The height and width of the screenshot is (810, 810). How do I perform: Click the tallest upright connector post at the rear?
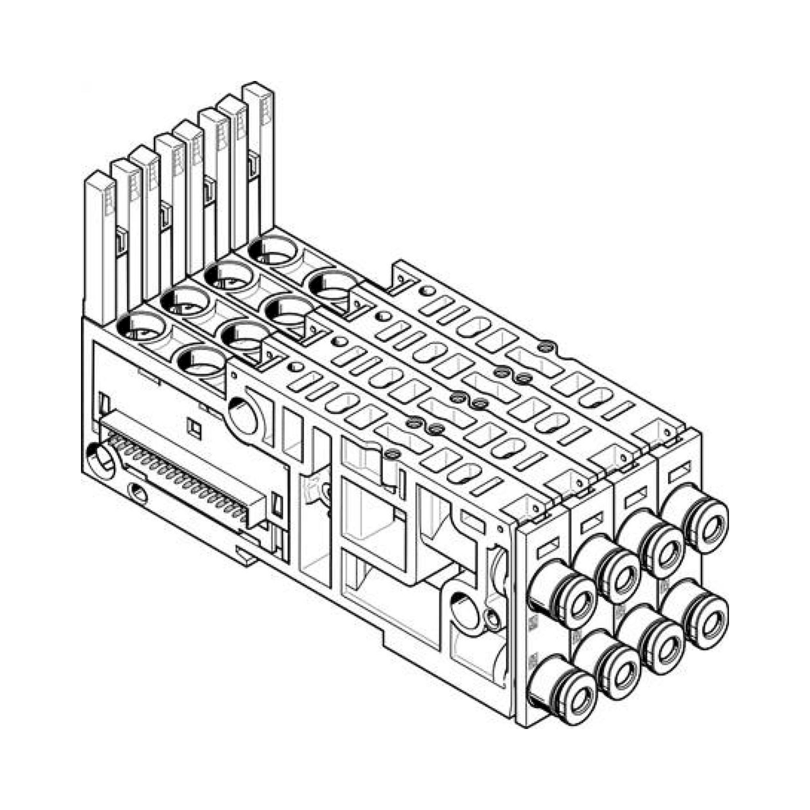coord(259,159)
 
